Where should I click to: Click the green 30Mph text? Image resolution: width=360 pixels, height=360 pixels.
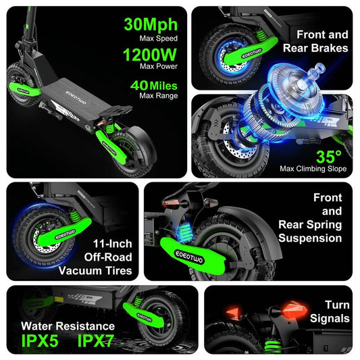point(151,25)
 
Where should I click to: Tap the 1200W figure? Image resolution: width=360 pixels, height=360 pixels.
point(150,55)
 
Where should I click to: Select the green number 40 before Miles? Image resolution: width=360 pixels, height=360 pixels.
point(139,85)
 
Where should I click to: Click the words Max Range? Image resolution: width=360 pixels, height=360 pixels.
point(159,95)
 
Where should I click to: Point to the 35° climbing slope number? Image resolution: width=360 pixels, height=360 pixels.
point(328,157)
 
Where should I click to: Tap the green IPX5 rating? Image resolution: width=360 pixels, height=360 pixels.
point(40,340)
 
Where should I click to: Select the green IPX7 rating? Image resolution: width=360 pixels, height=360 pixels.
point(95,340)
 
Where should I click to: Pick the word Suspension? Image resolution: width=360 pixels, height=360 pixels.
point(310,238)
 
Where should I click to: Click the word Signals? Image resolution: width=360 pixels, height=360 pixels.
point(330,319)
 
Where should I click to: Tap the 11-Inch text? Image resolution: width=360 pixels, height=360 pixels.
point(113,244)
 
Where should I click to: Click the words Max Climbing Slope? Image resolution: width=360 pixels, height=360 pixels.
point(313,169)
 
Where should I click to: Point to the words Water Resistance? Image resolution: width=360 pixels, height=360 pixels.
point(68,326)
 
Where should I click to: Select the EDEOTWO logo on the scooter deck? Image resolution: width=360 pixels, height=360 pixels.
point(76,97)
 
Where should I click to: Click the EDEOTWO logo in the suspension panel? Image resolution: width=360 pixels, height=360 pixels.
point(189,257)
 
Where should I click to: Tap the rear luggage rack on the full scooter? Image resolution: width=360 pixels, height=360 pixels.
point(115,111)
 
